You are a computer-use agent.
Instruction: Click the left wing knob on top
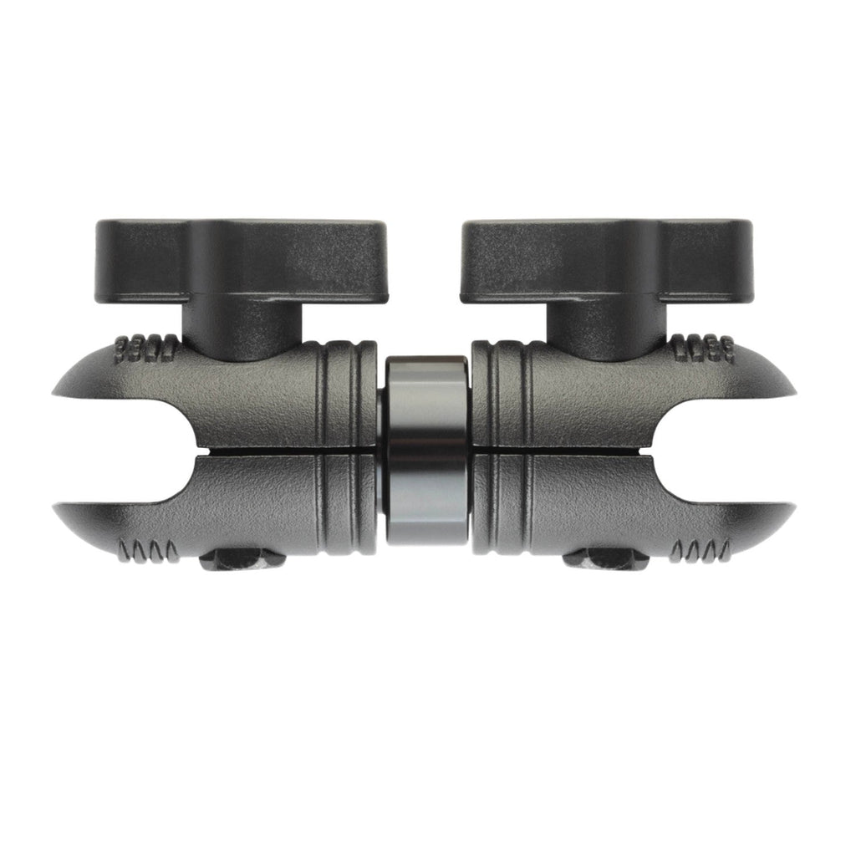242,259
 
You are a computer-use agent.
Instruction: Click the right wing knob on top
607,259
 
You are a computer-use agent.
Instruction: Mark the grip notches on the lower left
148,551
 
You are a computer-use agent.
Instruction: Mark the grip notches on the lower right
701,551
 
